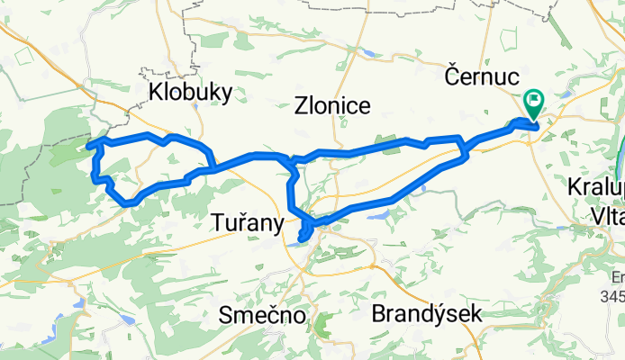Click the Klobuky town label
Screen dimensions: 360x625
pyautogui.click(x=190, y=92)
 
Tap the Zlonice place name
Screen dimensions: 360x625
pyautogui.click(x=332, y=105)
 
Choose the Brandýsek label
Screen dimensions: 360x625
pyautogui.click(x=427, y=314)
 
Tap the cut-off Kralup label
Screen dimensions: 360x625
pyautogui.click(x=597, y=188)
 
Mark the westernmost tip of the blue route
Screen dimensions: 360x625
pyautogui.click(x=86, y=145)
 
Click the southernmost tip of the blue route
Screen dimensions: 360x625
pyautogui.click(x=301, y=238)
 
